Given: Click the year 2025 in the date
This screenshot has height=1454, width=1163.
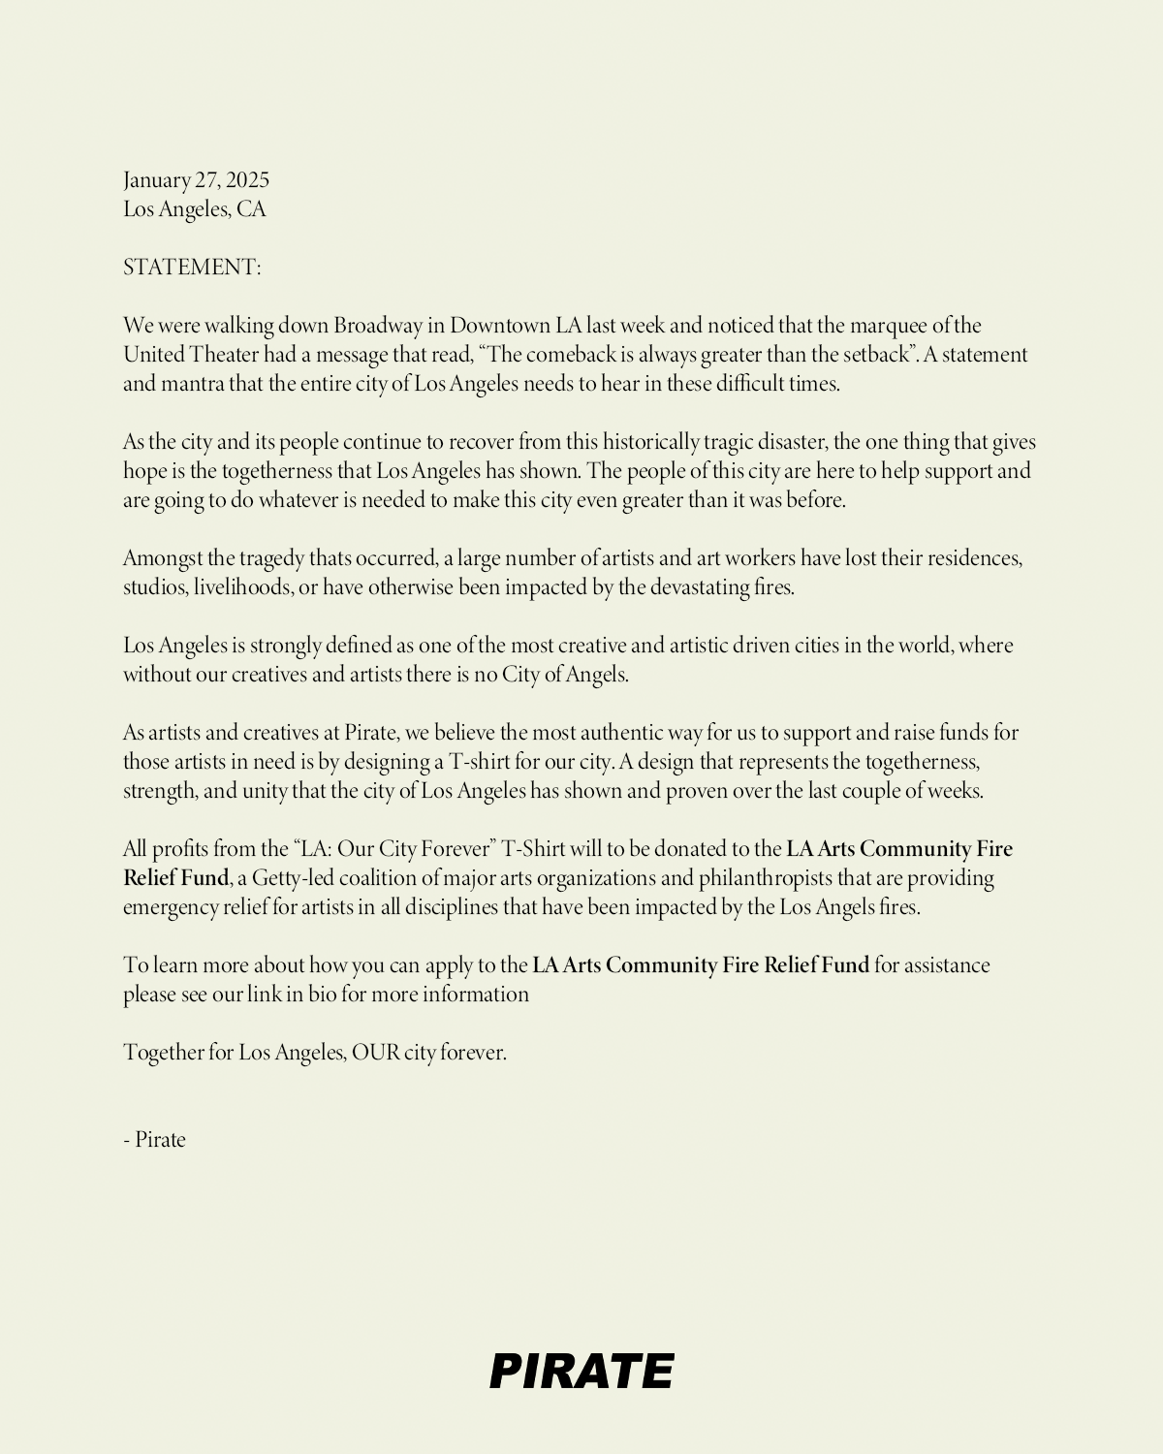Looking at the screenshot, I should pyautogui.click(x=247, y=180).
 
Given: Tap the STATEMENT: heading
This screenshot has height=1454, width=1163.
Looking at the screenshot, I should pyautogui.click(x=192, y=268).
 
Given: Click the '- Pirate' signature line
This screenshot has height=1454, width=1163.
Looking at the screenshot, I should pyautogui.click(x=154, y=1140).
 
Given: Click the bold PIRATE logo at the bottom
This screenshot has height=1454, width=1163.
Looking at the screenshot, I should pyautogui.click(x=581, y=1372).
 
